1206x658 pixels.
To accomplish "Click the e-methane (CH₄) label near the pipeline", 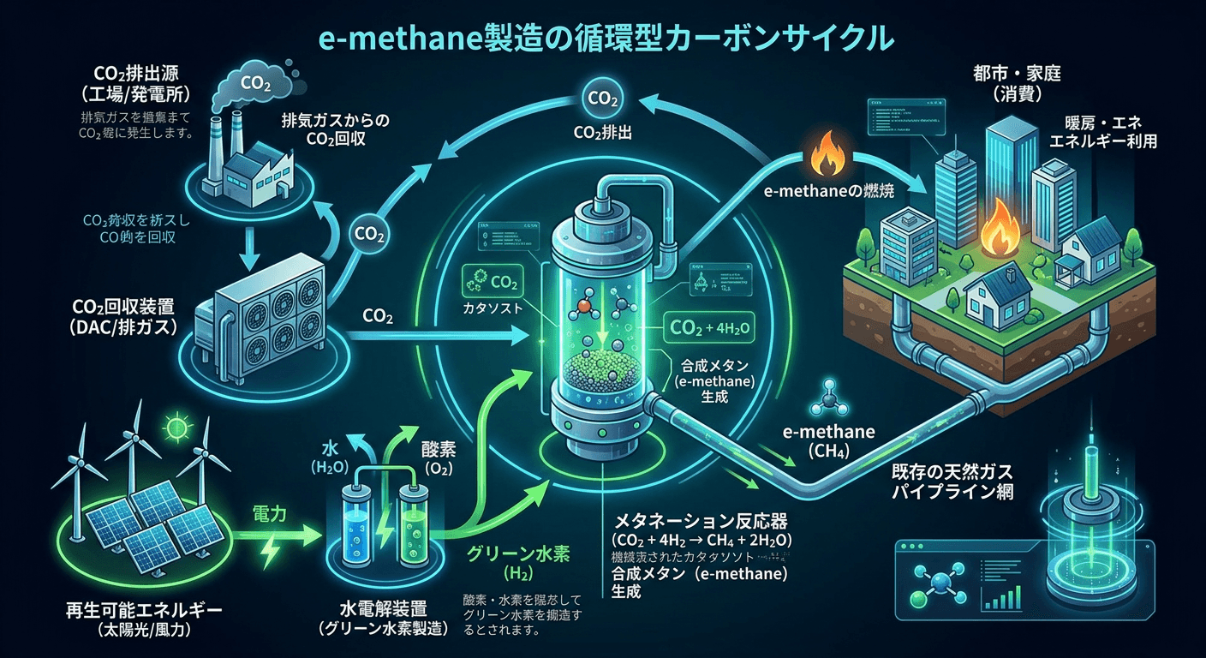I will click(828, 442).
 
